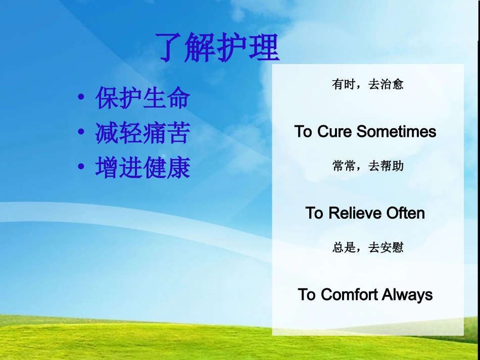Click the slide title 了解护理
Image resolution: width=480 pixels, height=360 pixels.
coord(217,47)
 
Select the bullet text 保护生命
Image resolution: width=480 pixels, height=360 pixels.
coord(143,98)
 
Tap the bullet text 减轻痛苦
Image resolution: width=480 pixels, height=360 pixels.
coord(143,133)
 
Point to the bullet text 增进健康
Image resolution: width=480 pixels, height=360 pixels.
coord(143,167)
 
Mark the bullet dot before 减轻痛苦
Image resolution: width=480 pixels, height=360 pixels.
coord(81,132)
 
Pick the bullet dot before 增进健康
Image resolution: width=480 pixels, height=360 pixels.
coord(81,167)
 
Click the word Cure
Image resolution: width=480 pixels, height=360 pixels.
coord(334,131)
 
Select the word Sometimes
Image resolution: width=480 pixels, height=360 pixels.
coord(397,131)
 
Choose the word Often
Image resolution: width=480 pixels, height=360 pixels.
coord(406,213)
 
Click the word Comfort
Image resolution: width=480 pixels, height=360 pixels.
coord(349,294)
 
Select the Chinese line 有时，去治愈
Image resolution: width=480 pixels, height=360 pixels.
coord(368,84)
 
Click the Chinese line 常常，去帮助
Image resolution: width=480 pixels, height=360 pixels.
coord(368,166)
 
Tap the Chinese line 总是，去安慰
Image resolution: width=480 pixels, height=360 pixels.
coord(368,247)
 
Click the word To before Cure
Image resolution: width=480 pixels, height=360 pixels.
coord(303,131)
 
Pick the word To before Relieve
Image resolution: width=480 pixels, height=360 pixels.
coord(314,213)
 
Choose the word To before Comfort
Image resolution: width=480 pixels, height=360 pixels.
coord(307,294)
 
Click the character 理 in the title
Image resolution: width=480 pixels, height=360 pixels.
coord(264,47)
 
